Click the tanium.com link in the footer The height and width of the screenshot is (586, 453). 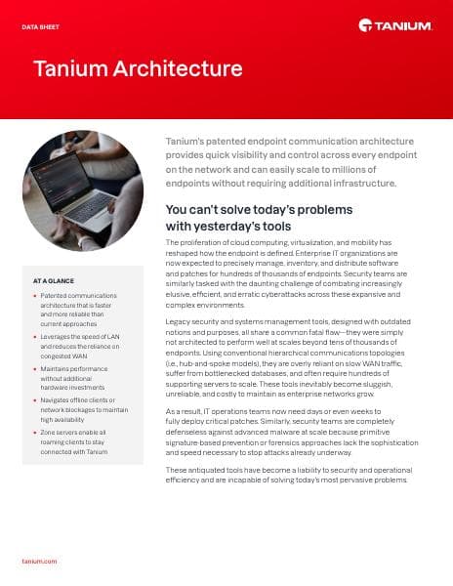pyautogui.click(x=39, y=563)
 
